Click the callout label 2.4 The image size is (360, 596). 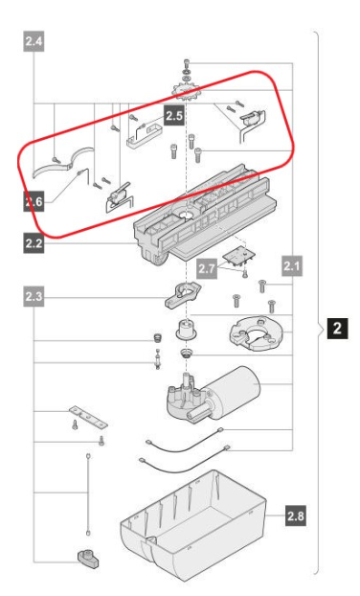pyautogui.click(x=34, y=41)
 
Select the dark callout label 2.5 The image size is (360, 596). pyautogui.click(x=174, y=115)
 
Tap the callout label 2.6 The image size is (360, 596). pyautogui.click(x=34, y=201)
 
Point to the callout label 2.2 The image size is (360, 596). pyautogui.click(x=34, y=242)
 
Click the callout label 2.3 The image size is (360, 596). pyautogui.click(x=34, y=296)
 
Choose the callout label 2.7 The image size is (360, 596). pyautogui.click(x=208, y=268)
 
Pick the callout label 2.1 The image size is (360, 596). pyautogui.click(x=292, y=265)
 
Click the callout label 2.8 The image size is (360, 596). pyautogui.click(x=296, y=516)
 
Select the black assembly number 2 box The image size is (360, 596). pyautogui.click(x=338, y=328)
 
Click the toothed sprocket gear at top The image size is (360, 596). pyautogui.click(x=187, y=92)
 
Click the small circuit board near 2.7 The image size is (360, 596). pyautogui.click(x=238, y=258)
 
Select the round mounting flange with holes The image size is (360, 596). pyautogui.click(x=257, y=334)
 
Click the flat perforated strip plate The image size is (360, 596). pyautogui.click(x=88, y=416)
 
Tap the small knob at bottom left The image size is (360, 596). pyautogui.click(x=89, y=559)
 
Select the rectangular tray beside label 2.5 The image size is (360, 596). pyautogui.click(x=145, y=134)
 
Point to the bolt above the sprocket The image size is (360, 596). pyautogui.click(x=187, y=63)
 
